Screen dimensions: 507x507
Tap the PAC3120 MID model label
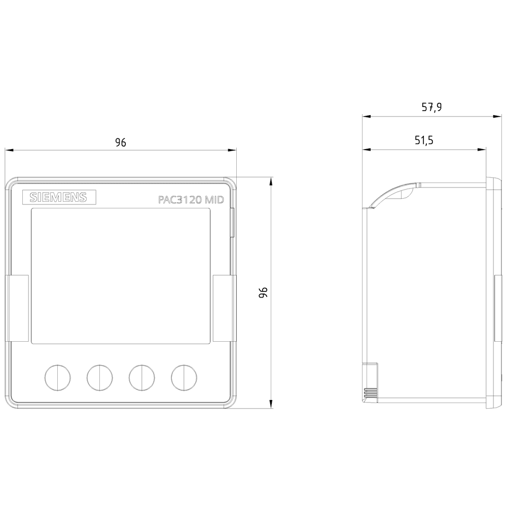(x=189, y=200)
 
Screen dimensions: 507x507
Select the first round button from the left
(x=57, y=377)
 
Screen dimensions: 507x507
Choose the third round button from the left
(x=141, y=377)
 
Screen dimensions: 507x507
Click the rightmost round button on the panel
(x=184, y=377)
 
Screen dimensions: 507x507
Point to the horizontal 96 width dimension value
(x=120, y=142)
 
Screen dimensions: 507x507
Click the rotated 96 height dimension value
(x=263, y=292)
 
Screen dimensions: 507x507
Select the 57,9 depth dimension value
(x=431, y=107)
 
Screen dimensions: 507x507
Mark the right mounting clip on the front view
(x=225, y=308)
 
